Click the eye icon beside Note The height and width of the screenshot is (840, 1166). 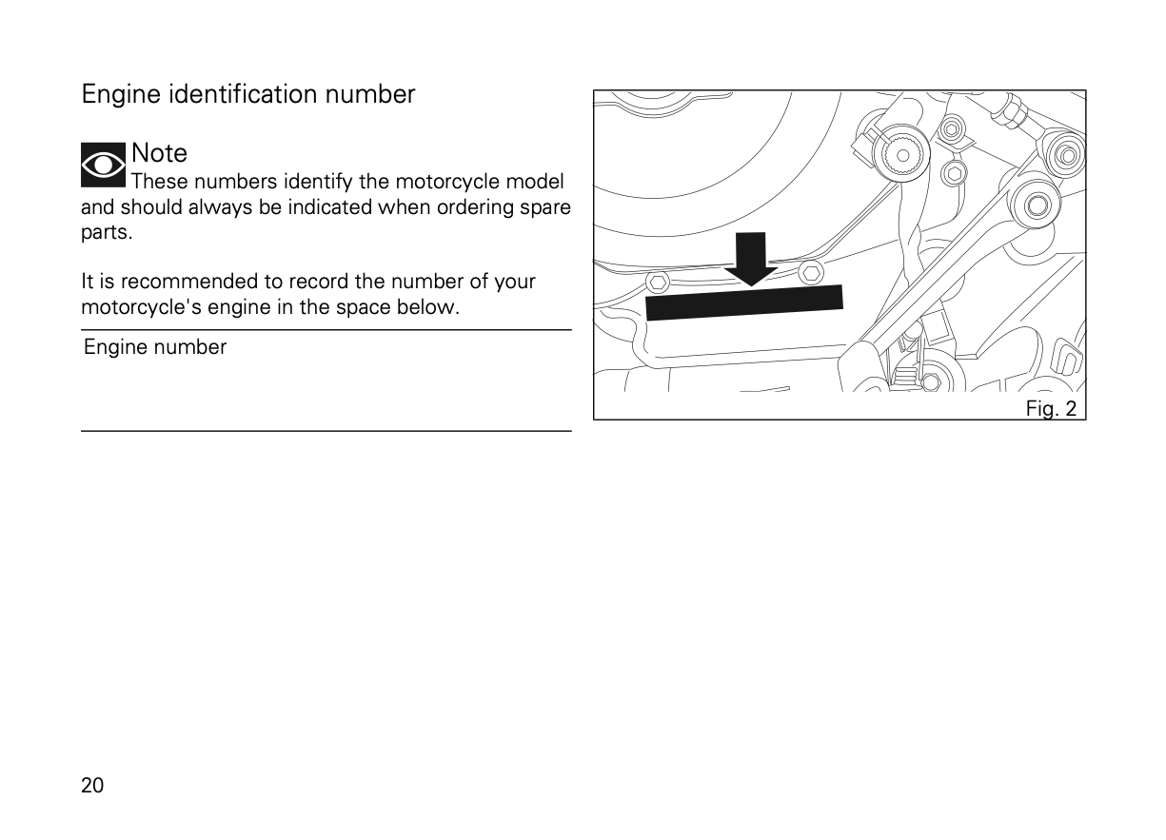click(103, 165)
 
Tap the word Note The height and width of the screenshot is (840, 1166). click(159, 153)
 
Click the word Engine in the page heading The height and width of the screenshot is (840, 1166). click(121, 95)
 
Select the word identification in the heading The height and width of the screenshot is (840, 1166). click(243, 94)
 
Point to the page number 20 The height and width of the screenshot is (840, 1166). click(92, 786)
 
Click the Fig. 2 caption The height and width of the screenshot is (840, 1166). click(1051, 408)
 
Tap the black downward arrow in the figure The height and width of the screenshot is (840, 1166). click(751, 259)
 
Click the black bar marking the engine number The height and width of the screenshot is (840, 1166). click(744, 303)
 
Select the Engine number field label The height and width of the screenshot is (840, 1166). click(155, 347)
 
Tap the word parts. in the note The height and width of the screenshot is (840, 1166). click(107, 232)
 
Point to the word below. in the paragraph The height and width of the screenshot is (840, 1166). click(428, 307)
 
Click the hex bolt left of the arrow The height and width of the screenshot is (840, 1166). click(658, 283)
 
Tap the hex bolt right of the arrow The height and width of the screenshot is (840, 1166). click(811, 272)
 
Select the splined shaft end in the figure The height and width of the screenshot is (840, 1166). click(903, 155)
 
